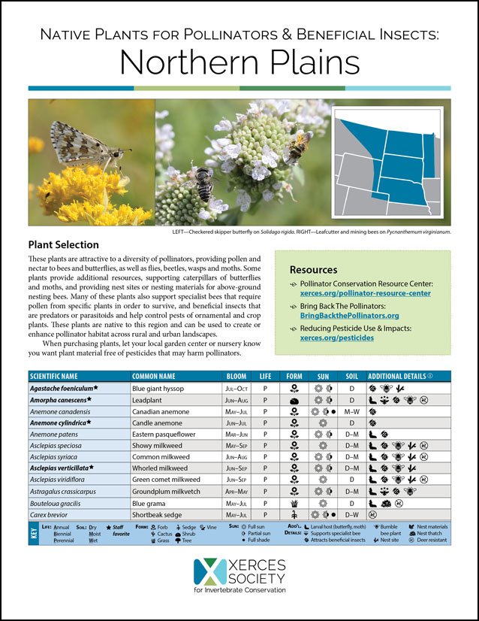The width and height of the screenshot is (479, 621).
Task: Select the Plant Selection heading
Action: (63, 244)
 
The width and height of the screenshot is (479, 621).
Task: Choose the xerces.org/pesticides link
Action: (336, 339)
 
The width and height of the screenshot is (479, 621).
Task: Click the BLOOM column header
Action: (236, 376)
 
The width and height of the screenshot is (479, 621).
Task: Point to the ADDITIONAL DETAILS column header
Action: (400, 376)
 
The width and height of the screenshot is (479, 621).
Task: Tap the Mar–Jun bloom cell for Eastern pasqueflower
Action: (237, 434)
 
